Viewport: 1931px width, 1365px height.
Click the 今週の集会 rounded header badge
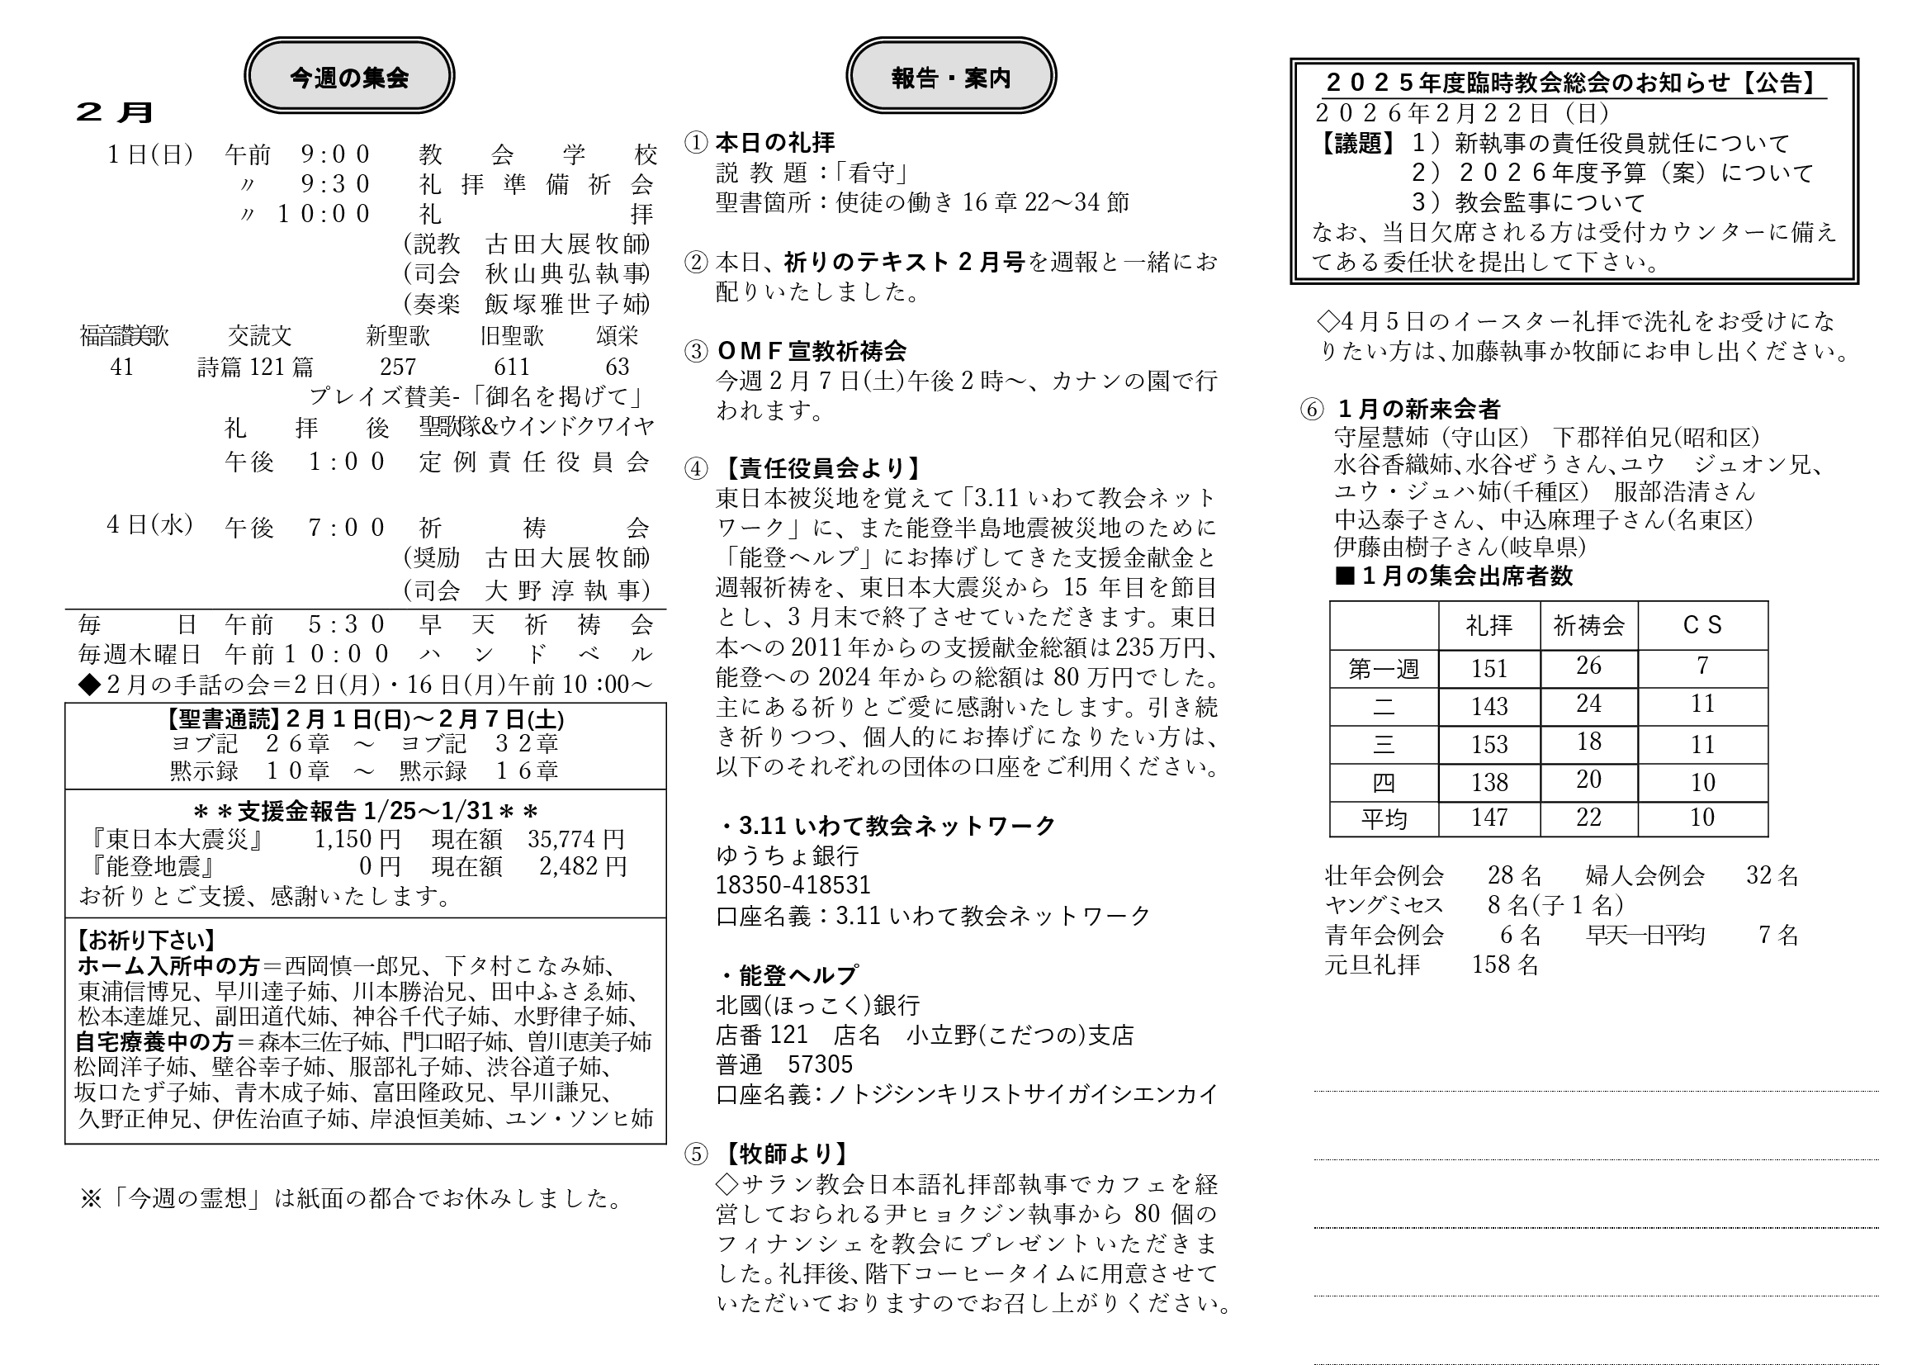coord(349,77)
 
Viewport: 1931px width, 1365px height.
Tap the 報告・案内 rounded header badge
coord(950,77)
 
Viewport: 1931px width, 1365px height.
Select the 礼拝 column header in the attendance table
coord(1488,625)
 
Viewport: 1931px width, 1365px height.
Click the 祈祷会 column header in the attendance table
coord(1588,625)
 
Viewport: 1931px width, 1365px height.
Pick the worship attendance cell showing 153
coord(1488,744)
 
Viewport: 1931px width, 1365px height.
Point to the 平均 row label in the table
coord(1384,818)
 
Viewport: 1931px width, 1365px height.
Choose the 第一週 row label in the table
coord(1384,669)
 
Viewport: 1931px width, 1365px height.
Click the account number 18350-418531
coord(793,884)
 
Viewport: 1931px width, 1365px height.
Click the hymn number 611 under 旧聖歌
coord(511,367)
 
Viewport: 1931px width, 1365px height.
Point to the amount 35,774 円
coord(576,838)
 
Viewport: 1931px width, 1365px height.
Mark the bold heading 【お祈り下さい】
coord(146,940)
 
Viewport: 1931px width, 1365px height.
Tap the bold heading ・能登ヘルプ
coord(788,974)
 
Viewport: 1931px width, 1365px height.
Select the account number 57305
coord(819,1064)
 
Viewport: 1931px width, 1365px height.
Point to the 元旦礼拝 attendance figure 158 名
coord(1505,965)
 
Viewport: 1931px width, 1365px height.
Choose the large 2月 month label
coord(115,112)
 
